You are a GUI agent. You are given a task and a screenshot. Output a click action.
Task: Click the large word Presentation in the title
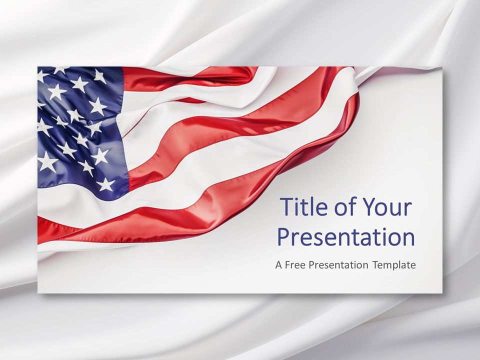tap(346, 237)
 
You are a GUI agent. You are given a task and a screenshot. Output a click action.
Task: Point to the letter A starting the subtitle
tap(278, 265)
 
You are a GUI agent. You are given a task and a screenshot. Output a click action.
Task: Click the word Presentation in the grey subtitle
tap(338, 265)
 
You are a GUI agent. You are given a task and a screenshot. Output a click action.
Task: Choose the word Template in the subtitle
tap(394, 265)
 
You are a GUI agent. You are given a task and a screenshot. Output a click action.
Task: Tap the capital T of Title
tap(286, 207)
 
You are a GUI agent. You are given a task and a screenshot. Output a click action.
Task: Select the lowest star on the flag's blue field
tap(105, 184)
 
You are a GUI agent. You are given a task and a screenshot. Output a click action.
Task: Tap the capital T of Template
tap(376, 265)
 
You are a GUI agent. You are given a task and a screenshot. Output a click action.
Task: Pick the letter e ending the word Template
tap(413, 266)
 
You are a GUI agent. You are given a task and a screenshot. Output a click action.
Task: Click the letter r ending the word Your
tap(408, 209)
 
